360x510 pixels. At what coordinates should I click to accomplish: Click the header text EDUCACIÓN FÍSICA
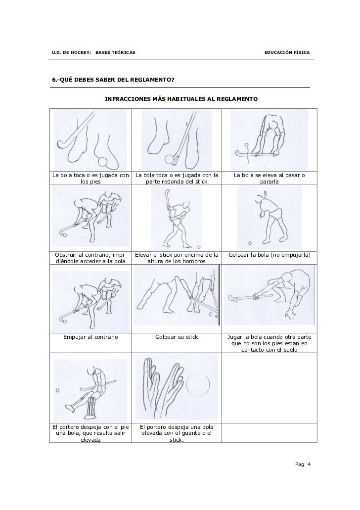pyautogui.click(x=287, y=52)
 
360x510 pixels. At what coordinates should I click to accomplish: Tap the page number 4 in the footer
pyautogui.click(x=309, y=464)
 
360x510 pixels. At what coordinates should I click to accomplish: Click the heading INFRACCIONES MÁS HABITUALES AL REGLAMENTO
pyautogui.click(x=181, y=99)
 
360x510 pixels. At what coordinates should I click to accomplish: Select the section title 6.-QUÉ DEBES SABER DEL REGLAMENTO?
pyautogui.click(x=113, y=80)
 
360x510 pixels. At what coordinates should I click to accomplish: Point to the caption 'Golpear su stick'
pyautogui.click(x=177, y=337)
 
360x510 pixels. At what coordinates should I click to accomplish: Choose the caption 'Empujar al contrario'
pyautogui.click(x=90, y=337)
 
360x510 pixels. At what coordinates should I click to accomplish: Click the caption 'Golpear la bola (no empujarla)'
pyautogui.click(x=270, y=255)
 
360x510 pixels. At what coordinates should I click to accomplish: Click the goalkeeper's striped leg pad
pyautogui.click(x=90, y=407)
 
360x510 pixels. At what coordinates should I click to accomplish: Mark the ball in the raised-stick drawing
pyautogui.click(x=199, y=247)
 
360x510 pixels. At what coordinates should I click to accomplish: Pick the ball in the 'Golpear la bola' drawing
pyautogui.click(x=250, y=243)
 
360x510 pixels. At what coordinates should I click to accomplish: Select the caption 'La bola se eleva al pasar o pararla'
pyautogui.click(x=270, y=178)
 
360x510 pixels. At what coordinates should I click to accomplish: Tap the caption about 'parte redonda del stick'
pyautogui.click(x=177, y=178)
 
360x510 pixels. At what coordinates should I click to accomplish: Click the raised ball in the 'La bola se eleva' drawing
pyautogui.click(x=246, y=145)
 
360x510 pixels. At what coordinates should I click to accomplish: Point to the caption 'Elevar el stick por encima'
pyautogui.click(x=177, y=258)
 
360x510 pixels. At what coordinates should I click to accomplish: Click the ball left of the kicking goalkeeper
pyautogui.click(x=57, y=390)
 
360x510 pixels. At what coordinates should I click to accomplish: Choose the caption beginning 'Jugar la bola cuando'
pyautogui.click(x=270, y=343)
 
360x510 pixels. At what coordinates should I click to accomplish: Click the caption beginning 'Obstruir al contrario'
pyautogui.click(x=90, y=258)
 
